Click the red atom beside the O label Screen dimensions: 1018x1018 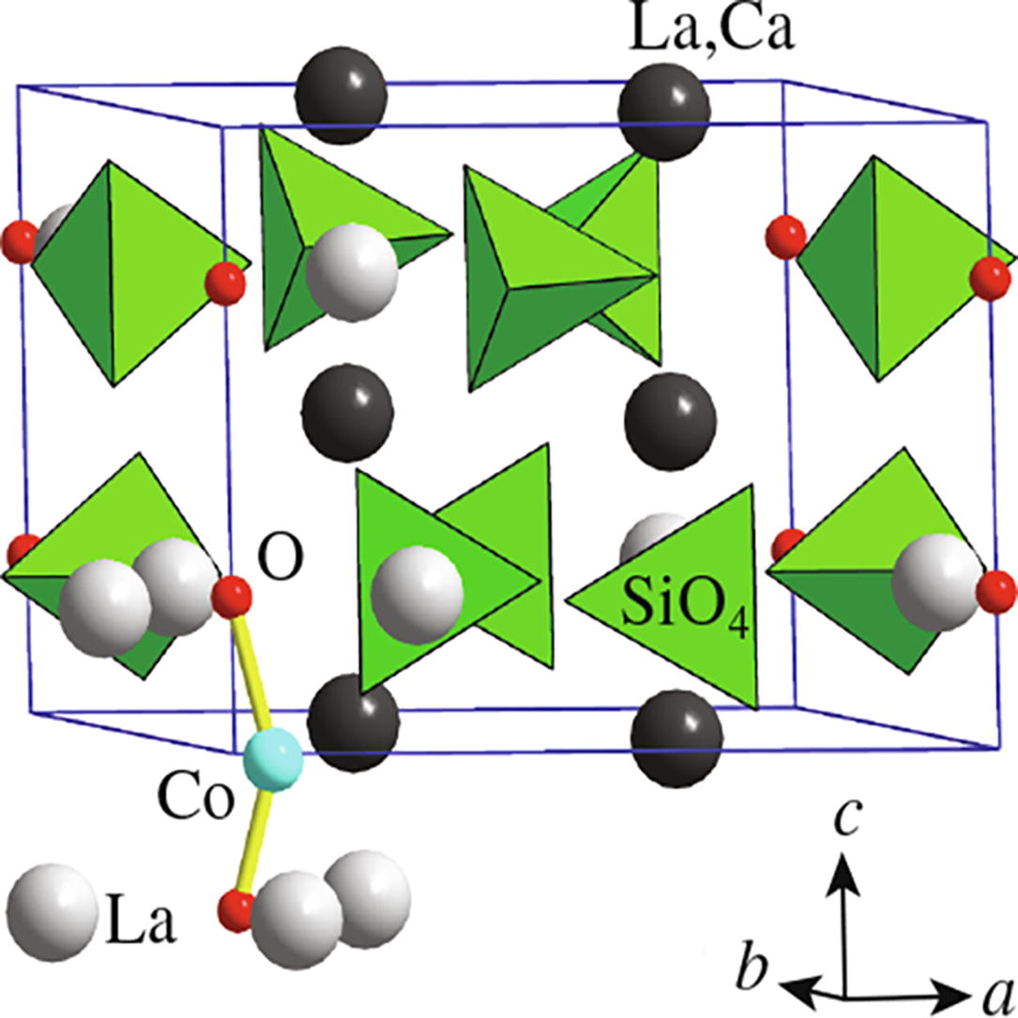click(232, 597)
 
